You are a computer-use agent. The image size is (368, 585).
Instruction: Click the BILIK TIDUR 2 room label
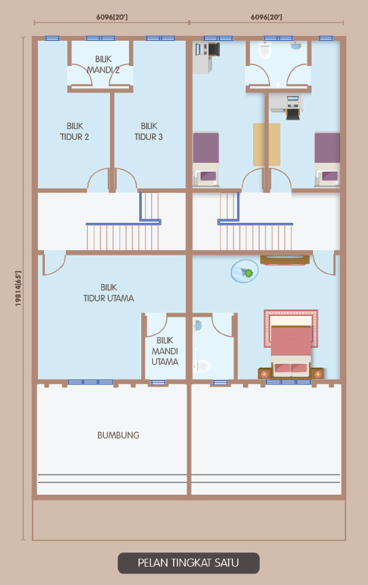click(75, 131)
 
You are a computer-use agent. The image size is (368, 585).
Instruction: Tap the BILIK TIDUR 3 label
click(149, 131)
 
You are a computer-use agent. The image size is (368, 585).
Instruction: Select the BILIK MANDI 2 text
click(103, 64)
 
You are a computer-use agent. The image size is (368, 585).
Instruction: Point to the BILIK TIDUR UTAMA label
click(109, 292)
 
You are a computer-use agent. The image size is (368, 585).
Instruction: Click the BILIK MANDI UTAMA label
click(165, 351)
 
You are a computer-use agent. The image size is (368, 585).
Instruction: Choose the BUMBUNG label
click(118, 435)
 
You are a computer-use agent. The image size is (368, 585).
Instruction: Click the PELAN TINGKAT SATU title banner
click(188, 563)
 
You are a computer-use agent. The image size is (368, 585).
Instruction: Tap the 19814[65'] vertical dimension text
click(18, 288)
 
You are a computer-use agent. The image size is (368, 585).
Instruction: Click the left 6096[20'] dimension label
click(112, 17)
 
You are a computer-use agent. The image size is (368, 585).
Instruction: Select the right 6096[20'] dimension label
click(266, 17)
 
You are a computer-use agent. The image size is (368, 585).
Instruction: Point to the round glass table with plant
click(244, 271)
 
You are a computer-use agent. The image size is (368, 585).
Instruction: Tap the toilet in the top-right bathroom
click(265, 50)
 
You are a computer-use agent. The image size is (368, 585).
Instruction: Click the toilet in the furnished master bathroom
click(202, 366)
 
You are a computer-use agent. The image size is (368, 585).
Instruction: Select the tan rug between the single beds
click(267, 145)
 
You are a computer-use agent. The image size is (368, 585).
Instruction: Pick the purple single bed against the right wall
click(327, 159)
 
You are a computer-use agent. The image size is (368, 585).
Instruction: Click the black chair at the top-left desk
click(214, 50)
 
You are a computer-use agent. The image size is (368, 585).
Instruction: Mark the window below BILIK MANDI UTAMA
click(158, 383)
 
